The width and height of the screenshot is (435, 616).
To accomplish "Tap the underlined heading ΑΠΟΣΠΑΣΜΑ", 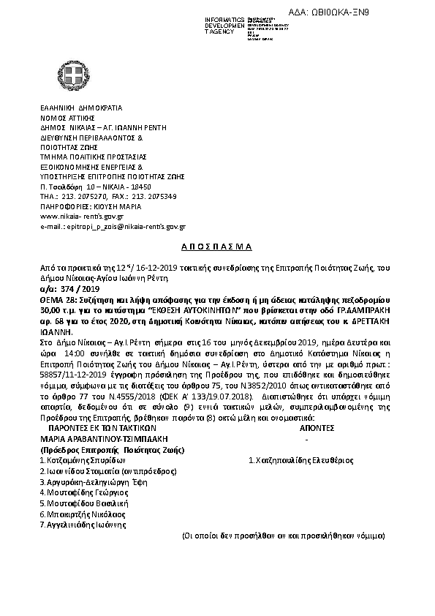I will click(217, 247).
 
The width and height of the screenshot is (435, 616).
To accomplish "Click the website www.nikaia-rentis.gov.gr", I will click(82, 217).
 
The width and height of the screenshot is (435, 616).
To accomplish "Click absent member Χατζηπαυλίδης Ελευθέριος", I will click(301, 461).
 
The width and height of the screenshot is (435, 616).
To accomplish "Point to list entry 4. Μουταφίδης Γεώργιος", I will click(83, 493).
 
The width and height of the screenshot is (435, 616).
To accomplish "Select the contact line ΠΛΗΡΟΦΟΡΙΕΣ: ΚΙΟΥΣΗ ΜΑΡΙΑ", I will click(91, 206).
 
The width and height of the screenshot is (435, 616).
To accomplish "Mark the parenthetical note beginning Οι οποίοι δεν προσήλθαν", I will click(284, 536).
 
